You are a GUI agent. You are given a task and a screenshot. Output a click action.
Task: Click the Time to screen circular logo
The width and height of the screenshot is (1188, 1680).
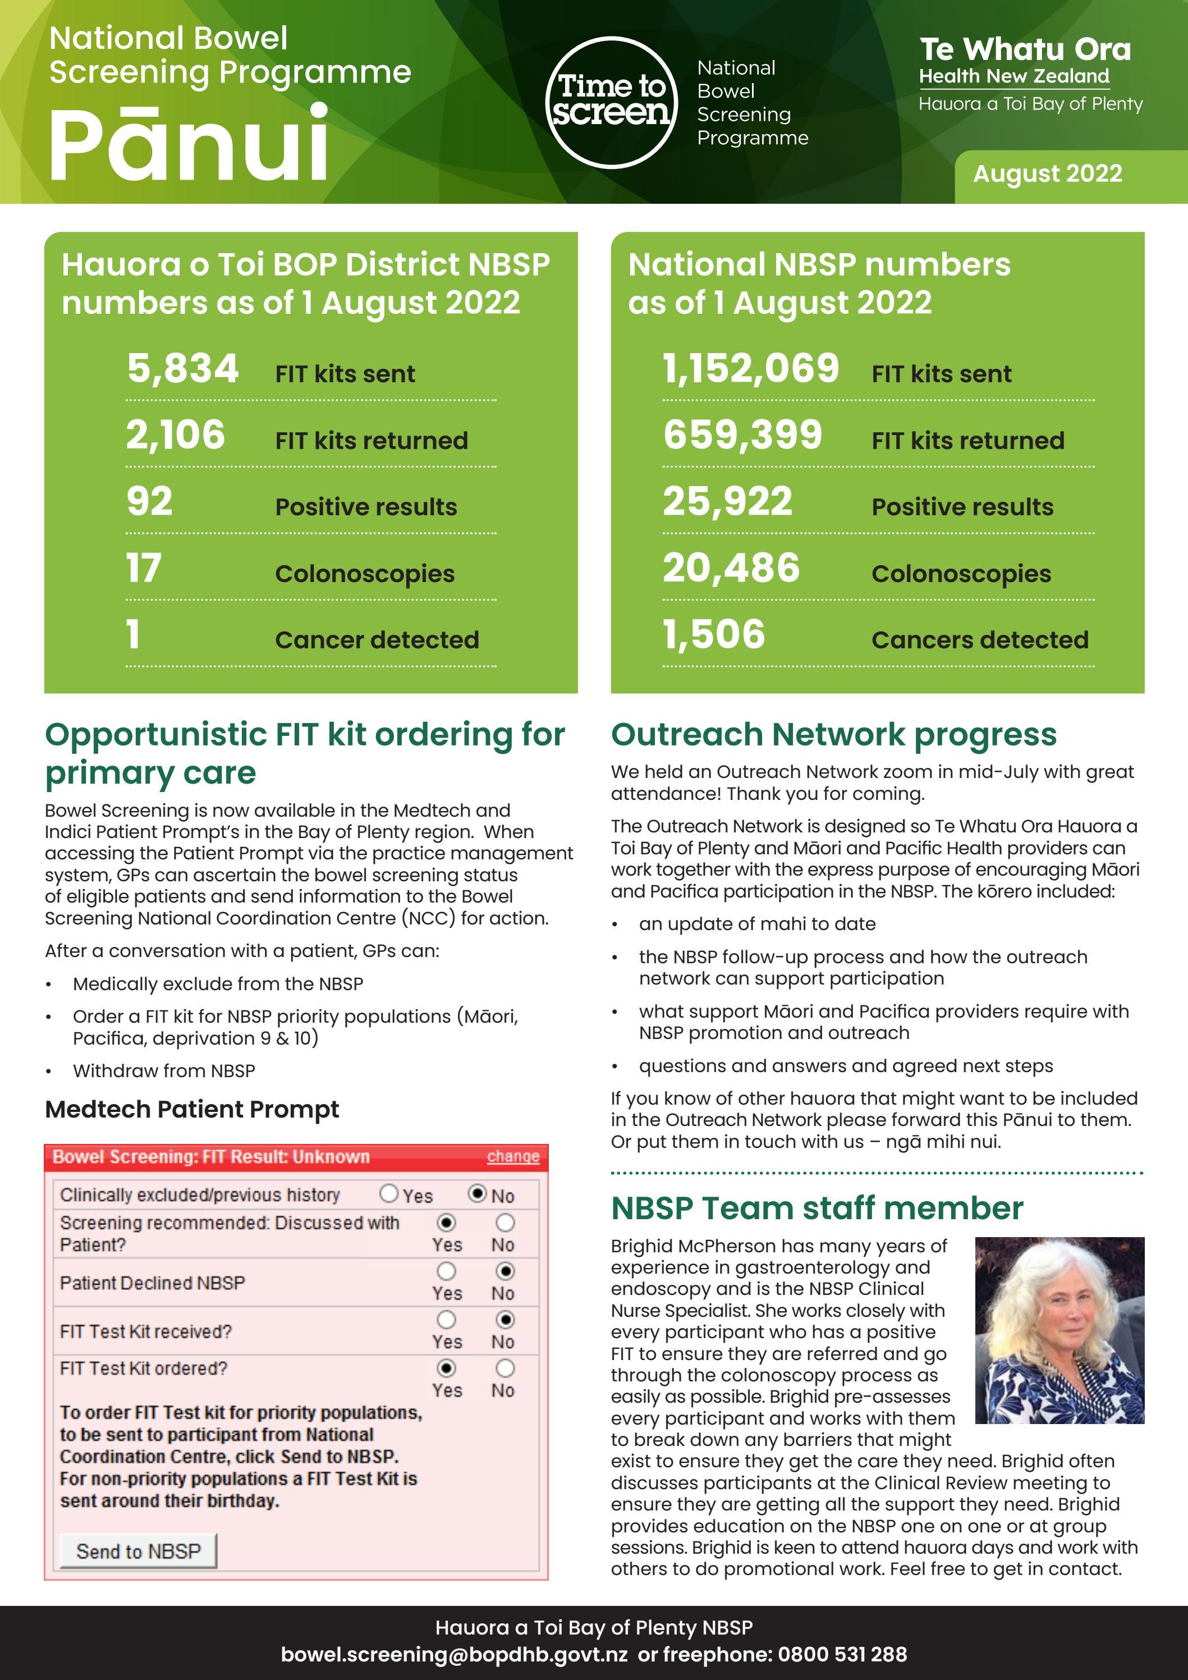[x=612, y=102]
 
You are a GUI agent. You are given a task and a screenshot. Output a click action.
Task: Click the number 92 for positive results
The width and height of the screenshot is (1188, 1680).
[x=150, y=502]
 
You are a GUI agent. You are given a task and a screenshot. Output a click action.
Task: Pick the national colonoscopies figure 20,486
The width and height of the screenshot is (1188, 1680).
[x=731, y=569]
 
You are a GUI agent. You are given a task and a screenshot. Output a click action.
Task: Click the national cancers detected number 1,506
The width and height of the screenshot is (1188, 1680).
[x=714, y=634]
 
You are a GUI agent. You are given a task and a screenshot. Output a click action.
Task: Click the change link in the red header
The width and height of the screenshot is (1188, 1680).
[x=513, y=1157]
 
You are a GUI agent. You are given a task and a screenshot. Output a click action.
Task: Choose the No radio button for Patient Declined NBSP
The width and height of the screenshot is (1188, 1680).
[x=504, y=1271]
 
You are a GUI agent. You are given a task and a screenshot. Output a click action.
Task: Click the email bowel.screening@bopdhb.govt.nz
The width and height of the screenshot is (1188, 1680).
[x=453, y=1654]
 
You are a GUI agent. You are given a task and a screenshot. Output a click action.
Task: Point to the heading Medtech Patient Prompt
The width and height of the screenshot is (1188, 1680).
[x=192, y=1109]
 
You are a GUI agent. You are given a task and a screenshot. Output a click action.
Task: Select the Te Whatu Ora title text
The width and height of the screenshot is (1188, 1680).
[x=1025, y=50]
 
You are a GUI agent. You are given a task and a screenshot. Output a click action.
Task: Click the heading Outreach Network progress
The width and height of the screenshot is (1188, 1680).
[x=833, y=735]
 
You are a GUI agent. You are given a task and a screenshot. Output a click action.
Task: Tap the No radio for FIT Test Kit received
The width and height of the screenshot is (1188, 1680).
[x=504, y=1319]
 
